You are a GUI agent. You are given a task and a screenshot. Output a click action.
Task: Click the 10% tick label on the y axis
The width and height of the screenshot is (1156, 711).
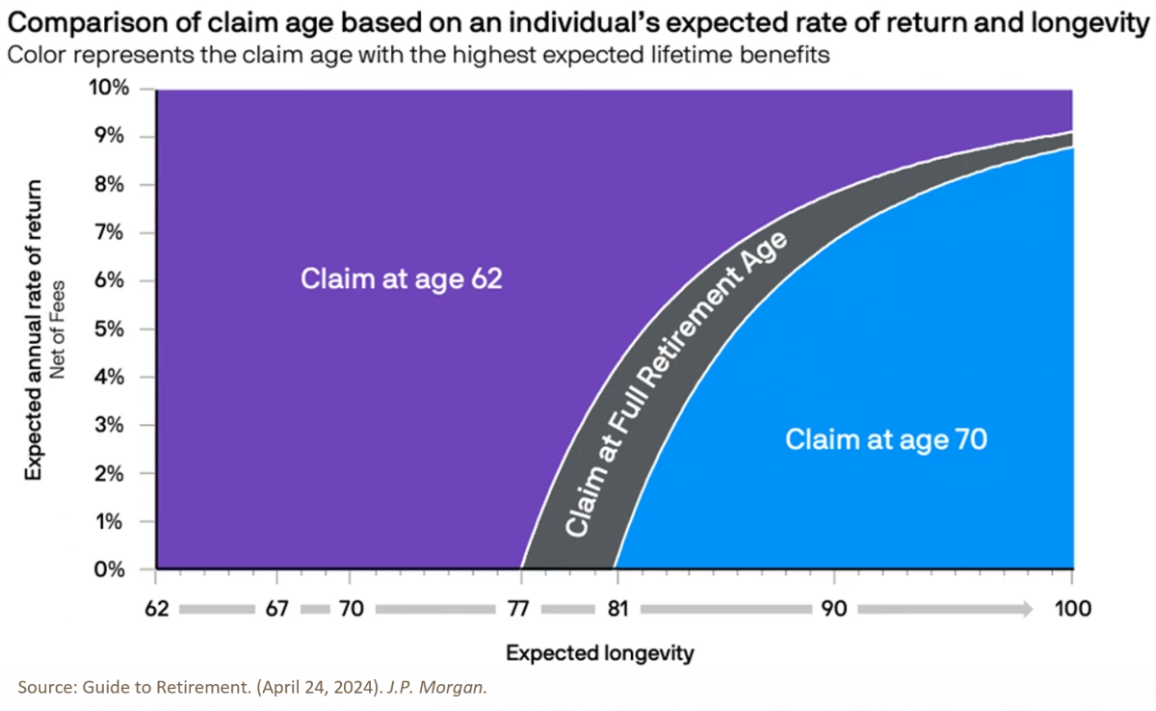point(108,89)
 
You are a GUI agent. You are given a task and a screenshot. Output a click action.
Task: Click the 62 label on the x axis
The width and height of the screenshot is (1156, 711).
point(156,609)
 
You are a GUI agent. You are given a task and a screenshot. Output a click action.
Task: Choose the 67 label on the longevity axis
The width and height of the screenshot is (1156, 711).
point(276,609)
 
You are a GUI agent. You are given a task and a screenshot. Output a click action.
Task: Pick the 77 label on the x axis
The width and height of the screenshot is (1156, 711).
point(521,609)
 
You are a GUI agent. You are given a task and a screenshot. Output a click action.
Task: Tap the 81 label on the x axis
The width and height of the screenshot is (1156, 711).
point(617,609)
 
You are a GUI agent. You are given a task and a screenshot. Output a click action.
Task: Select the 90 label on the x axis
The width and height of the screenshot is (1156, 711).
point(833,609)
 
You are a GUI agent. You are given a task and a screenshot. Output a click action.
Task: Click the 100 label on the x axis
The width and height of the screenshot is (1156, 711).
point(1072,609)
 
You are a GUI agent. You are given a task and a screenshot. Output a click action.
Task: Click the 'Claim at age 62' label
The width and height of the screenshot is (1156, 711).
point(402,279)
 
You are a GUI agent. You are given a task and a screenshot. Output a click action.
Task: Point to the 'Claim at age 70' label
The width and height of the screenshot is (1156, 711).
point(886,440)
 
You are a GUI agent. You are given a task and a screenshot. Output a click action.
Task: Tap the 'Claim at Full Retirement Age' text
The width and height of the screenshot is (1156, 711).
point(674,385)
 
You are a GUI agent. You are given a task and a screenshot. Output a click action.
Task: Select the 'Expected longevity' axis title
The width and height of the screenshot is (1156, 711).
point(599,652)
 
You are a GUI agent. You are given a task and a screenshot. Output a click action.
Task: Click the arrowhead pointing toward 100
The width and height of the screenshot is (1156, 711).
point(1025,609)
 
